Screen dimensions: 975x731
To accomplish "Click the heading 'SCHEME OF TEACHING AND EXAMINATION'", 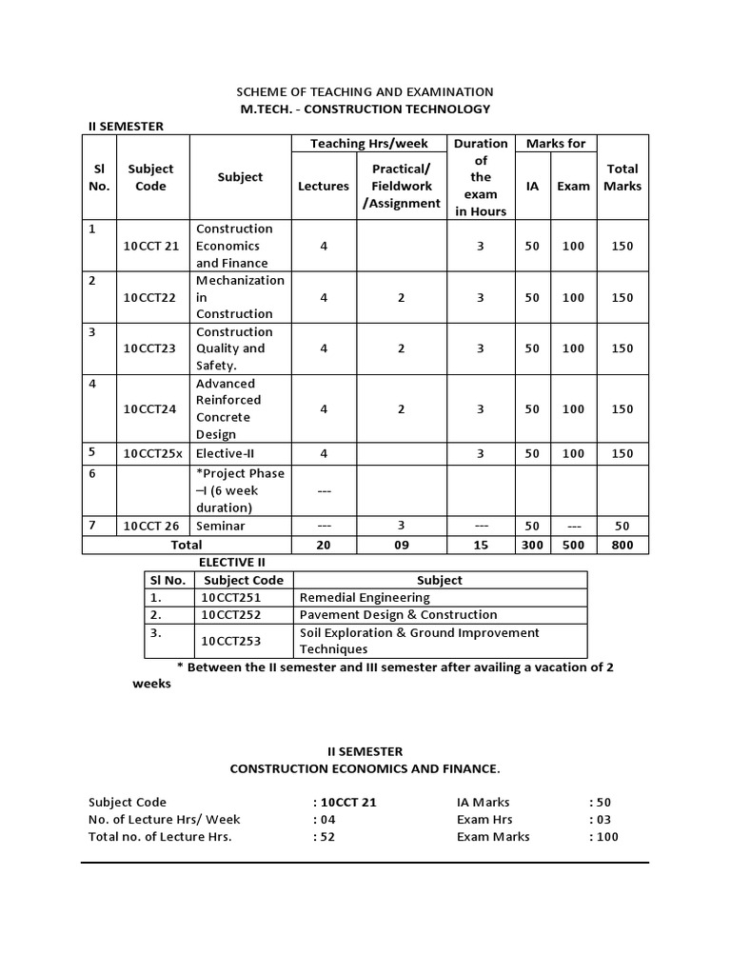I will pos(365,91).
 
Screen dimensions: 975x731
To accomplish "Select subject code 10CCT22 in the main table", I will pos(150,297).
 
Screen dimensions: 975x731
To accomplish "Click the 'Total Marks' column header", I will pos(622,177).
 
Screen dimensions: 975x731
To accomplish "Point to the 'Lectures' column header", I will pos(324,186).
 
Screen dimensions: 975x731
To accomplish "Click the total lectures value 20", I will pos(324,545).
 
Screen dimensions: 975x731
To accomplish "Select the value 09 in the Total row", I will pos(401,545).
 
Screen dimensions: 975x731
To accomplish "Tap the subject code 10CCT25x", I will pos(151,453).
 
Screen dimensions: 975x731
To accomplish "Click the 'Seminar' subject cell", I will pos(220,526).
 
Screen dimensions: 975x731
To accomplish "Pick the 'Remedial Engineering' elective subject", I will pos(365,597).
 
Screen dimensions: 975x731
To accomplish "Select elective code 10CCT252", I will pos(231,614).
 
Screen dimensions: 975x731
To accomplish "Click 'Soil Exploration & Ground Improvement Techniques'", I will pos(419,641).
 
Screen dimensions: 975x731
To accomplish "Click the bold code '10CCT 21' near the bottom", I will pos(348,802).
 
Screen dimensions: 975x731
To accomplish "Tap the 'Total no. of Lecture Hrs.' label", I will pos(160,837).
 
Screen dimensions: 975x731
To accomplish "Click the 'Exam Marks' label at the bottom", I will pos(493,837).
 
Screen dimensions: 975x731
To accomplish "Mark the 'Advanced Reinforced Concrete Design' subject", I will pos(228,408).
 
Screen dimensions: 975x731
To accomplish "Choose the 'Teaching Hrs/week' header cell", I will pos(369,144).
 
